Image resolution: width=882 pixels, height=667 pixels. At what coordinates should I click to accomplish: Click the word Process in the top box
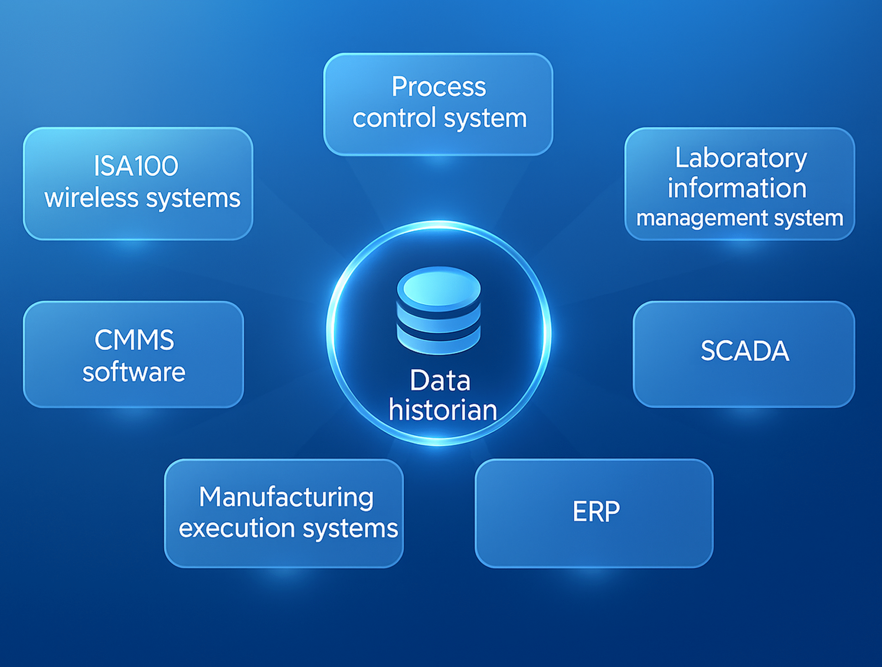(x=439, y=87)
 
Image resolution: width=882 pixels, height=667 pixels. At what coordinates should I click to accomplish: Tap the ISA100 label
(x=135, y=166)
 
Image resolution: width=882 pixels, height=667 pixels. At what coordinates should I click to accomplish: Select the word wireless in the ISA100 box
(x=92, y=198)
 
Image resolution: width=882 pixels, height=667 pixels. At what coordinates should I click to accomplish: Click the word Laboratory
(x=741, y=159)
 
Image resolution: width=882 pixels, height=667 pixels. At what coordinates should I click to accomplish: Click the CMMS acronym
(x=134, y=340)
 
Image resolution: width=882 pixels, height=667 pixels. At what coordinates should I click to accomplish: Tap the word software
(x=134, y=372)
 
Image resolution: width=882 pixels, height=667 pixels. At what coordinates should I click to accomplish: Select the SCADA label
(x=745, y=351)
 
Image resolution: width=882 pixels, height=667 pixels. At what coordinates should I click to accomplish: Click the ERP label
(x=596, y=512)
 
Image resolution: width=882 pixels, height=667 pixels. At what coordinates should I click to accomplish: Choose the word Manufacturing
(x=286, y=497)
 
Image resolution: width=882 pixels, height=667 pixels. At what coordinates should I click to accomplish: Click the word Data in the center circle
(x=440, y=381)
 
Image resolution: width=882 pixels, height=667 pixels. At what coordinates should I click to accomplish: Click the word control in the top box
(x=393, y=118)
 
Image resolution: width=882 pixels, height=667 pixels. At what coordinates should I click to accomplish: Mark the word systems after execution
(x=350, y=528)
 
